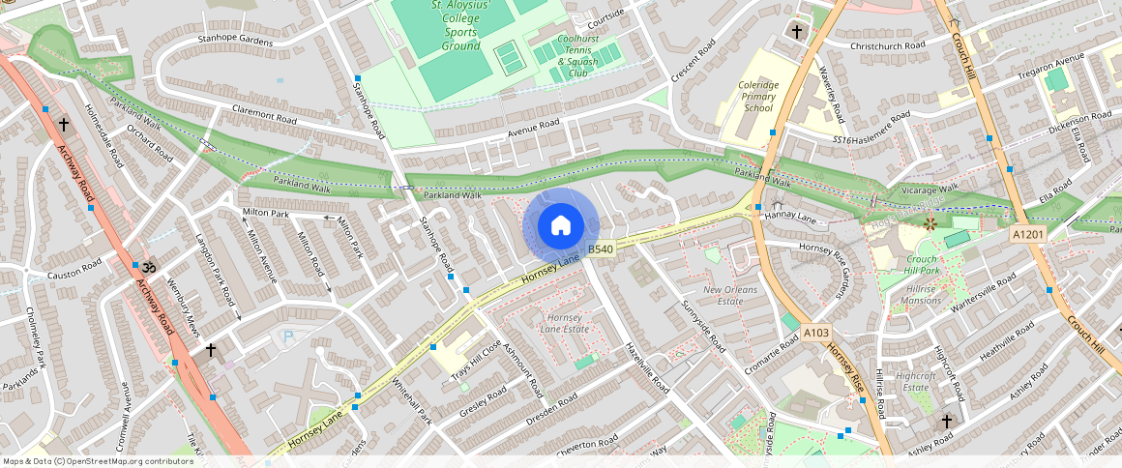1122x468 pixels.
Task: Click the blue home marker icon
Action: (x=560, y=226)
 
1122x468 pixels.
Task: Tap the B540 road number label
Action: (x=601, y=249)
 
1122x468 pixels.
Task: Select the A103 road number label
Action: (x=816, y=333)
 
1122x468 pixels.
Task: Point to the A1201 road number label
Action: (x=1028, y=234)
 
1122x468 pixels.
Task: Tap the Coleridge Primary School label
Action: (x=758, y=97)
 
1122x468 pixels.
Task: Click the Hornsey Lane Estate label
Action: (x=568, y=324)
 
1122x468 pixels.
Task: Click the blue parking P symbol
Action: (x=286, y=336)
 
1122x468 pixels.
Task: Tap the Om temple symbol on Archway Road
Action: (x=148, y=265)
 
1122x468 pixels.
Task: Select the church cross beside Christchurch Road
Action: (x=796, y=31)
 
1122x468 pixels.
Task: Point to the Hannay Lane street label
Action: (x=792, y=219)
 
